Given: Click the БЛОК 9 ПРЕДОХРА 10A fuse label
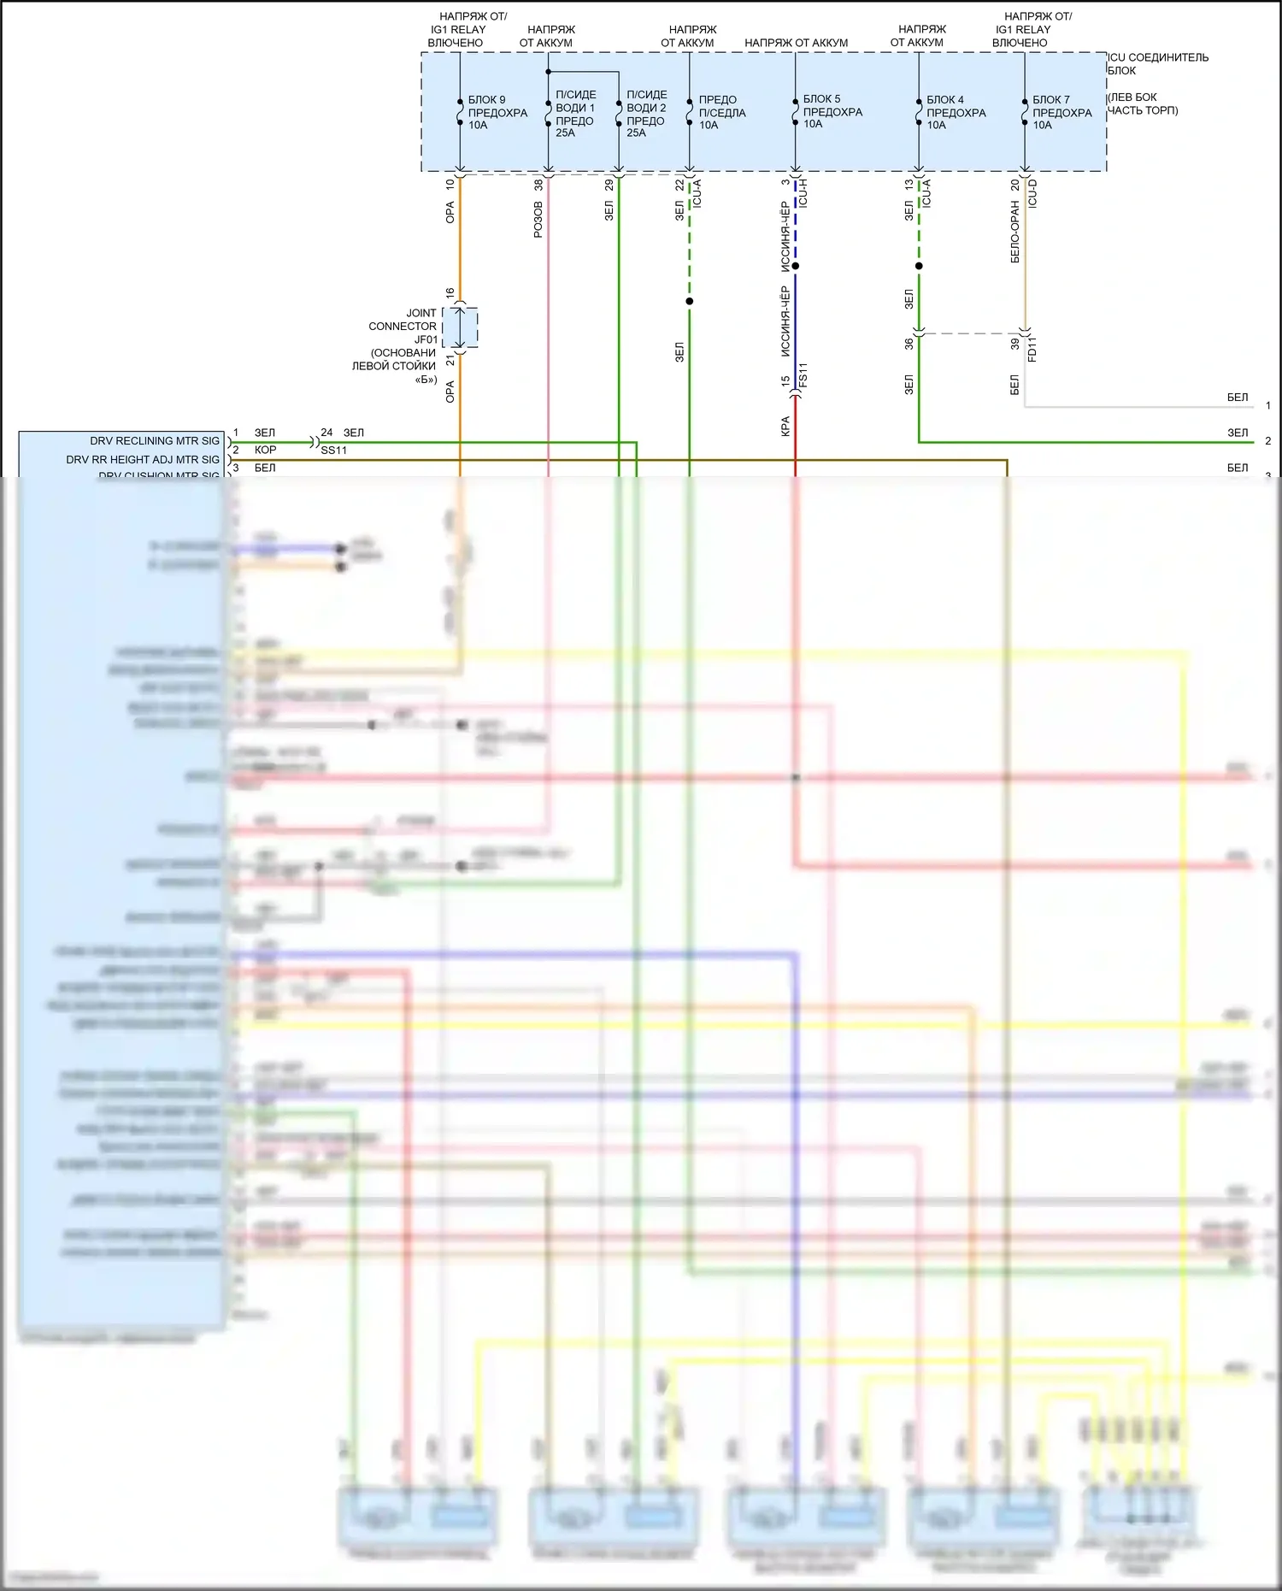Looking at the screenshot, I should coord(497,112).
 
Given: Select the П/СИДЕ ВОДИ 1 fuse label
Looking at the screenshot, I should coord(574,114).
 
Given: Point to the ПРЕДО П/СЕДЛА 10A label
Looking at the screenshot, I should coord(721,112).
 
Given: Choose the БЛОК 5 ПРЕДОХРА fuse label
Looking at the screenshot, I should coord(832,111).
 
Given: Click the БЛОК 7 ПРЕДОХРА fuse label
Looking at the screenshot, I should coord(1061,112).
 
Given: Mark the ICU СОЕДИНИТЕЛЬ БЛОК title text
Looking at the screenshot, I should coord(1157,63).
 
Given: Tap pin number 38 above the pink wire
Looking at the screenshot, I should coord(538,185).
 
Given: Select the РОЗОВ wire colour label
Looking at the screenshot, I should coord(538,219).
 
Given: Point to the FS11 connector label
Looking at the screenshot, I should coord(803,375).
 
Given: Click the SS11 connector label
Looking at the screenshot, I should coord(334,451).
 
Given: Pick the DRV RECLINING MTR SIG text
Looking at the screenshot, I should coord(155,441).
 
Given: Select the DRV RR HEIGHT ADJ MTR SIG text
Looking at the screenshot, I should coord(143,460).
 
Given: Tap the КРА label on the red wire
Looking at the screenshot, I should coord(785,426).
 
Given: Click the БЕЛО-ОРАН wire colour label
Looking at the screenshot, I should coord(1015,232).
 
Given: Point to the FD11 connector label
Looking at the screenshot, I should coord(1032,350).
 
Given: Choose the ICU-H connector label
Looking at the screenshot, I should coord(803,193).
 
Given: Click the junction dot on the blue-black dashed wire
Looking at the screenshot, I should coord(796,266).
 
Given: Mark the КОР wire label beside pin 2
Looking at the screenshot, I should coord(265,450).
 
